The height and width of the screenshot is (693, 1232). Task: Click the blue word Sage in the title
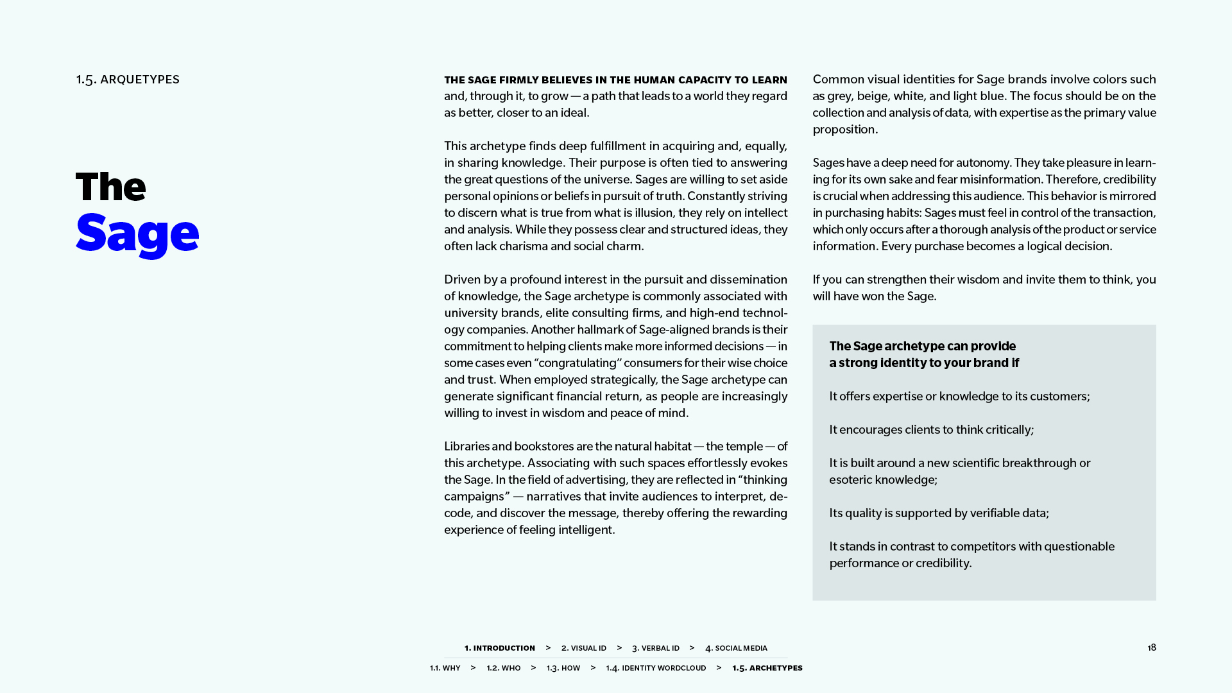pos(137,234)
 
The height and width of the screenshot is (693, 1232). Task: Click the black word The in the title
pos(111,187)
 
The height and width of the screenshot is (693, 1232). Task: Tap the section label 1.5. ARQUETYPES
pos(128,80)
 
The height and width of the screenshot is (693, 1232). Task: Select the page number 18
pos(1152,647)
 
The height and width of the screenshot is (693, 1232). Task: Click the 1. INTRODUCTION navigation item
pos(499,648)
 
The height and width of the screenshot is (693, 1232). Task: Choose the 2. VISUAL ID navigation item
pos(583,648)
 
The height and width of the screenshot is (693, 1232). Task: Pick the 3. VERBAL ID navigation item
pos(655,648)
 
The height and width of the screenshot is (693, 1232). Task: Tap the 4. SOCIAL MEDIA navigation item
pos(736,648)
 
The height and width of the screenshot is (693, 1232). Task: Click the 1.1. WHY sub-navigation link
pos(445,668)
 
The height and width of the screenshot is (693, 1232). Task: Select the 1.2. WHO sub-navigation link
pos(503,668)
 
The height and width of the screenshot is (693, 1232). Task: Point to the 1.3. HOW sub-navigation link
pos(563,668)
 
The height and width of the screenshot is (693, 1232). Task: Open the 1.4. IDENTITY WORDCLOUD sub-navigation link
pos(656,668)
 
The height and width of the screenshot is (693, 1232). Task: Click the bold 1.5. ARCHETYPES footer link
pos(767,668)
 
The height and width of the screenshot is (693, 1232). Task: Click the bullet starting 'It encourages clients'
pos(931,430)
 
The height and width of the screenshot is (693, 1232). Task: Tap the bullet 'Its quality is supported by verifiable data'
pos(939,513)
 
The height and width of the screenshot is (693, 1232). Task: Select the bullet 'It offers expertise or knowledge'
pos(959,397)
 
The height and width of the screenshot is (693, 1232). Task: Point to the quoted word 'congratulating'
pos(578,363)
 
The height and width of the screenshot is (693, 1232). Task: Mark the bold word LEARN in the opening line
pos(769,80)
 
